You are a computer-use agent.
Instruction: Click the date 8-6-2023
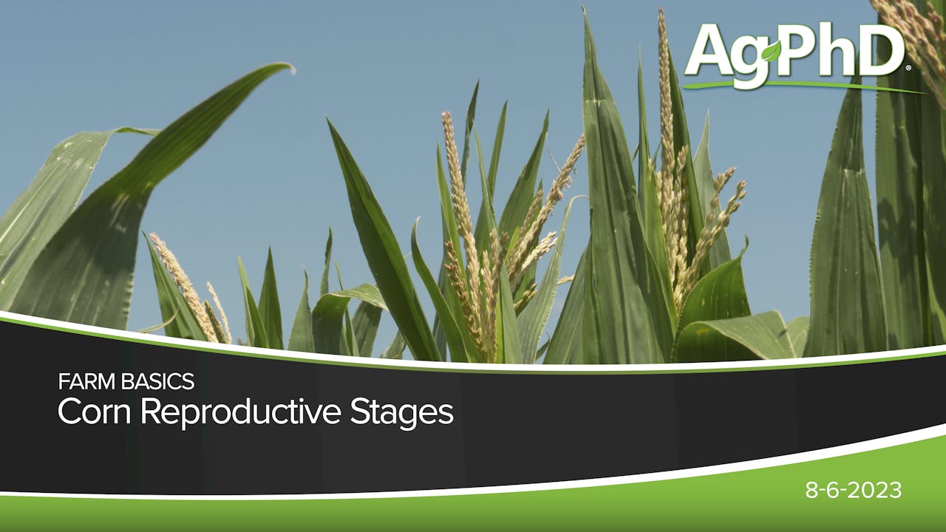point(854,491)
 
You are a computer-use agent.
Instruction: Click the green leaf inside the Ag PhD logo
point(772,50)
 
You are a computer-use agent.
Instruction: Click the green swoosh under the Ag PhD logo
point(798,86)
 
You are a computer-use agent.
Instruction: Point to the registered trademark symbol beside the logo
point(908,67)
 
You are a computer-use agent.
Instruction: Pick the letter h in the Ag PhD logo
point(841,50)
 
